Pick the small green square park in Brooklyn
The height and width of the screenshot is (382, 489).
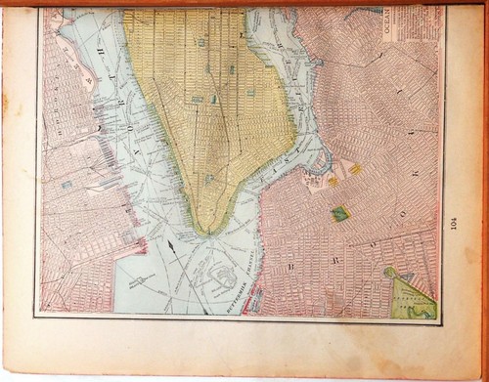tap(340, 213)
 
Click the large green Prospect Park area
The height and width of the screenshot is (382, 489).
tap(414, 297)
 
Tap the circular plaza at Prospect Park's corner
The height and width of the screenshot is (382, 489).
tap(390, 272)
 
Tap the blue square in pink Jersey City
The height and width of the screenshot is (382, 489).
tap(67, 184)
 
